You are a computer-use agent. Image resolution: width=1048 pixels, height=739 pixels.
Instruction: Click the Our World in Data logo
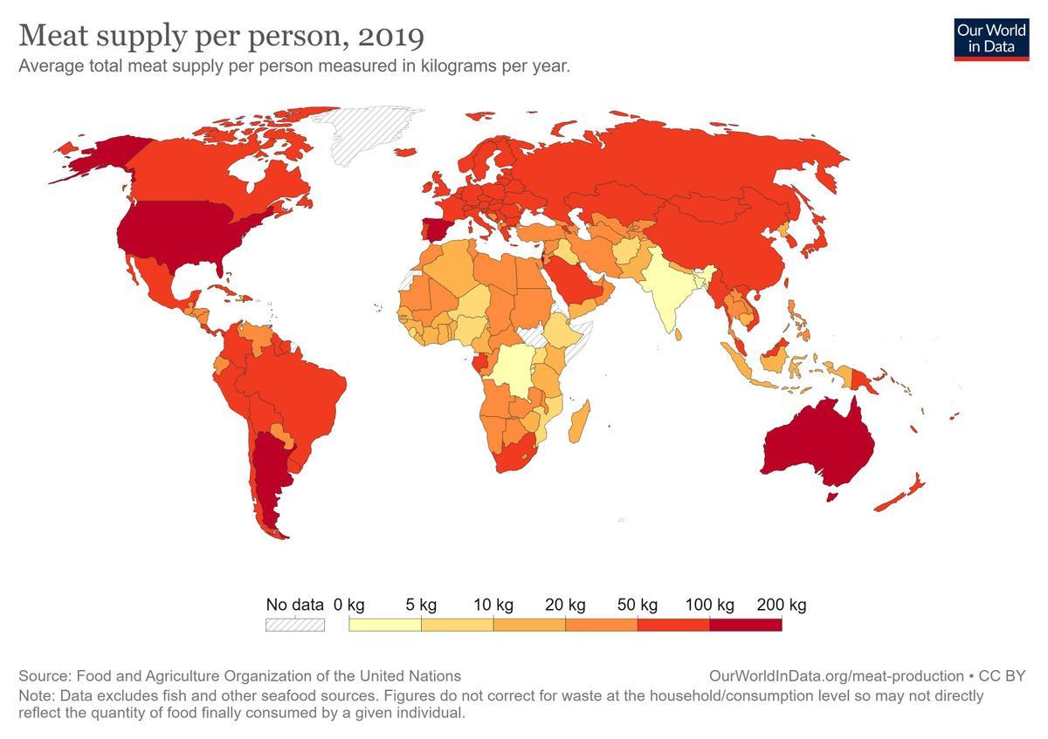coord(991,39)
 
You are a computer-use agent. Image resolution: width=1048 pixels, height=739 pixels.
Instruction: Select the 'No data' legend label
coord(294,605)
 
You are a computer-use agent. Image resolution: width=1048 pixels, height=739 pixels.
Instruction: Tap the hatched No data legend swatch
coord(295,625)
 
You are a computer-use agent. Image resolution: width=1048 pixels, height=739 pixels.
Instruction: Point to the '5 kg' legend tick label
coord(421,605)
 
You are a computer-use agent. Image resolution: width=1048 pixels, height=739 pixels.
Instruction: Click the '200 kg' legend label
coord(782,605)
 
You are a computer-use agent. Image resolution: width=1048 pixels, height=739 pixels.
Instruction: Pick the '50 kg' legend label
coord(638,605)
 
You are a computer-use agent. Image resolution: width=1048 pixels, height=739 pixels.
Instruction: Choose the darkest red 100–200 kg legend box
coord(745,625)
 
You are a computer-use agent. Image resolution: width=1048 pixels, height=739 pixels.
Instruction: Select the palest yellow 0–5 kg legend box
coord(384,625)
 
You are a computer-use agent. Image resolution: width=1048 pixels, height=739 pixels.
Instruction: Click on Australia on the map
coord(817,441)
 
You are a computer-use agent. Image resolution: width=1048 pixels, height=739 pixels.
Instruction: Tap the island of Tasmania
coord(833,496)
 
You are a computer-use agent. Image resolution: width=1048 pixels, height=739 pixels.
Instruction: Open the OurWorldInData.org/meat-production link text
coord(837,676)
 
